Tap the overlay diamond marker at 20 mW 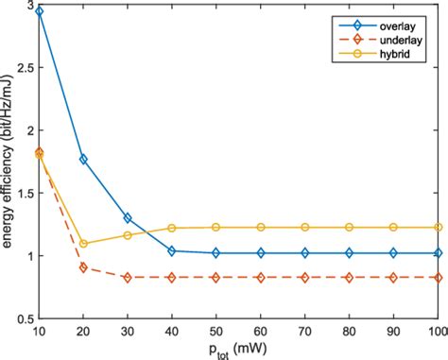pos(83,159)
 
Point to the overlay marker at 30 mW pos(128,217)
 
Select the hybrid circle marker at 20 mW pos(83,243)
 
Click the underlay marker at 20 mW pos(83,267)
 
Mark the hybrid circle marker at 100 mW pos(437,227)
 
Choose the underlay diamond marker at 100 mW pos(437,277)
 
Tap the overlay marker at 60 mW pos(260,252)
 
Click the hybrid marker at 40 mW pos(171,228)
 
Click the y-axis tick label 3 pos(28,9)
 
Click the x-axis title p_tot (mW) pos(237,349)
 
